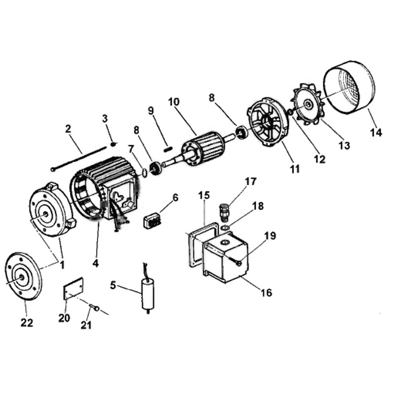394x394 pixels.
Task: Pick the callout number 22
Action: (x=27, y=323)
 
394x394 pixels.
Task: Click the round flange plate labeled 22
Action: (x=23, y=276)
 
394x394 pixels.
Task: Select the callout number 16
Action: (x=266, y=293)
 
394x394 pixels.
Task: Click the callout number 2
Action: (x=68, y=130)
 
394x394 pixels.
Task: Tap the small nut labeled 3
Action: (x=113, y=144)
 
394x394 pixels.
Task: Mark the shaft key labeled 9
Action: (x=166, y=146)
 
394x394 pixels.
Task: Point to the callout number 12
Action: (x=320, y=159)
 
